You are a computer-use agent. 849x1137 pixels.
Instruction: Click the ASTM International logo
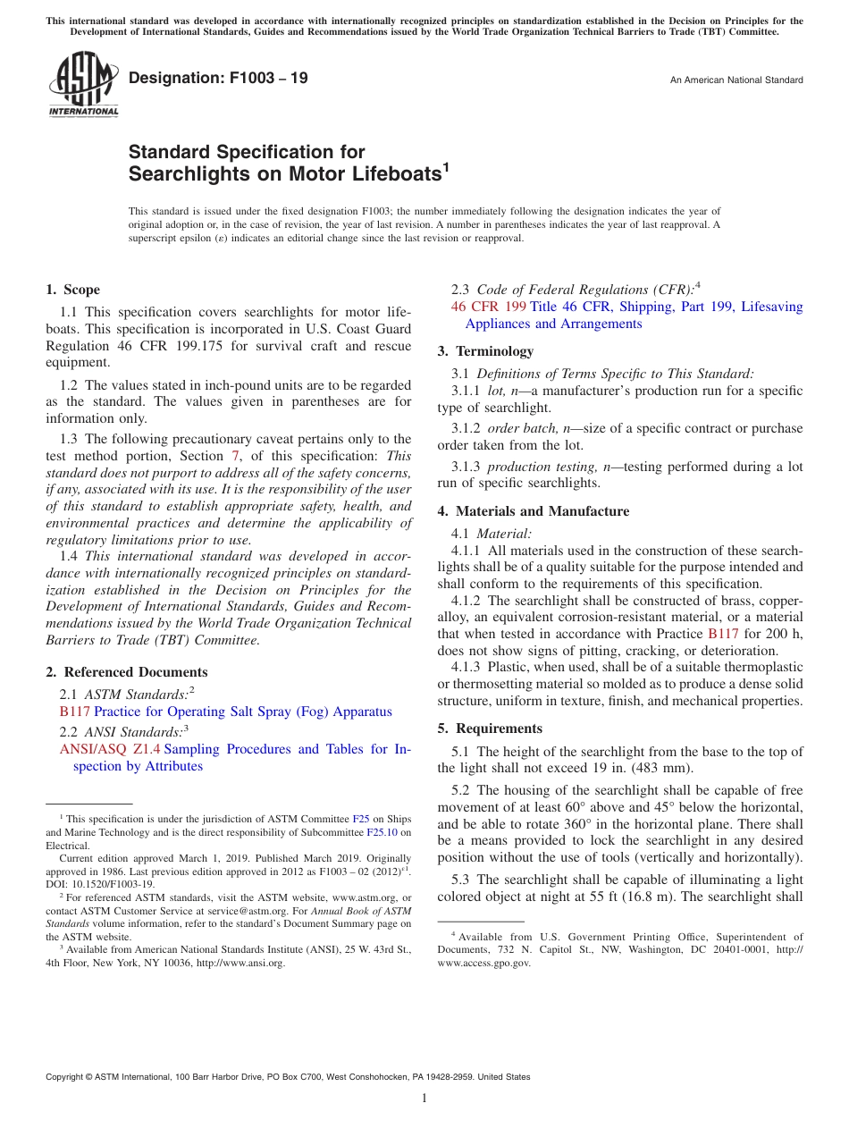83,86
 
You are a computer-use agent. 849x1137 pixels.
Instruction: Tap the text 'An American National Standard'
736,80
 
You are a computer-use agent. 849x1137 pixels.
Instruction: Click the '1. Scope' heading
73,290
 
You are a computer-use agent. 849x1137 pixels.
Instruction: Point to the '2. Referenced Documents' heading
126,672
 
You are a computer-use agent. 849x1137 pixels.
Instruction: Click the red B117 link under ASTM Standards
74,712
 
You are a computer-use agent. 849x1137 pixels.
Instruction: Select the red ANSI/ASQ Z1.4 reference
110,750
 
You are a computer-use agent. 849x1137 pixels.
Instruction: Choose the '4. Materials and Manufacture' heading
533,511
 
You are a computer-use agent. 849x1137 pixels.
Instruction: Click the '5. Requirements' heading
490,729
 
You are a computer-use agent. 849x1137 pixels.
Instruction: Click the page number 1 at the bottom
424,1099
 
